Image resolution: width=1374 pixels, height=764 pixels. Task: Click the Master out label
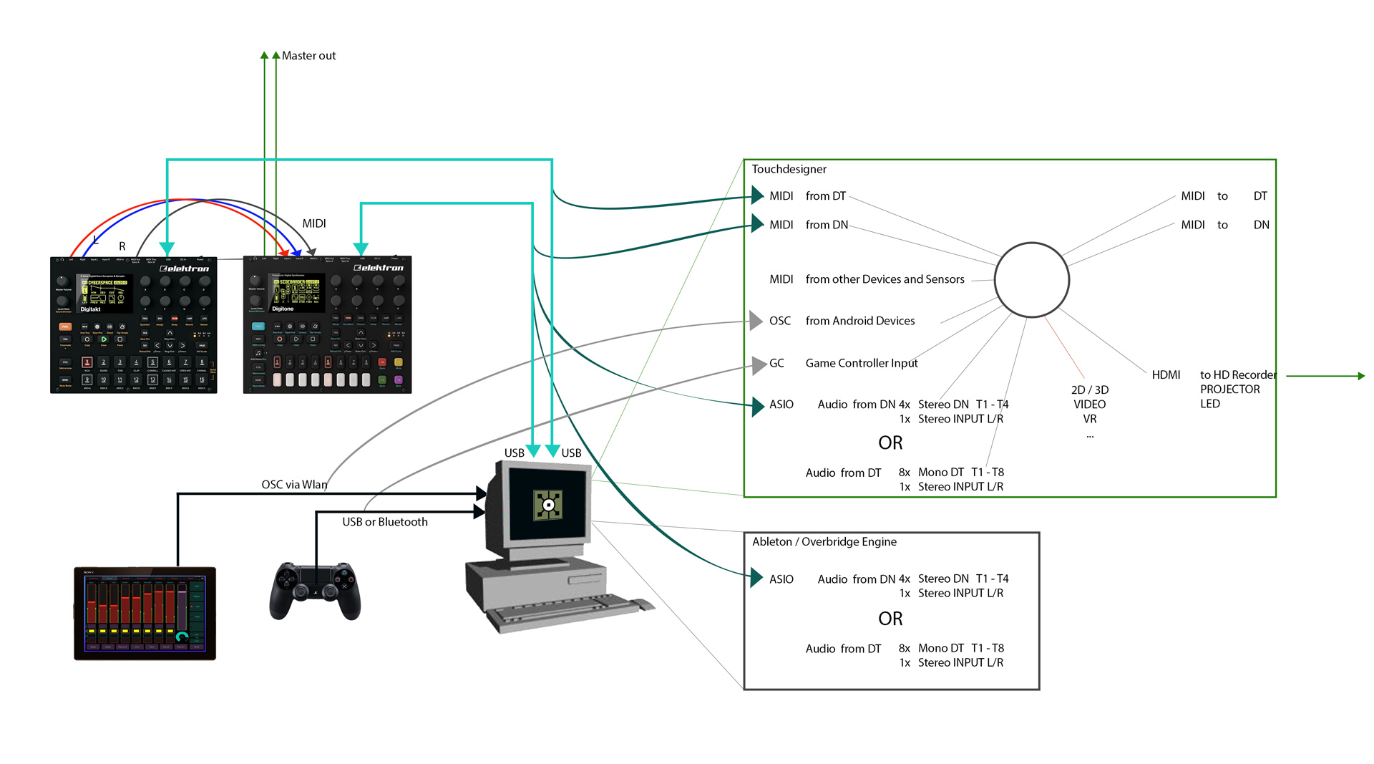[x=308, y=56]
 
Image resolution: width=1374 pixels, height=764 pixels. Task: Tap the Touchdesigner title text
[x=789, y=169]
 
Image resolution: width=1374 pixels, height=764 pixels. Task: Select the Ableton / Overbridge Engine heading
[x=824, y=542]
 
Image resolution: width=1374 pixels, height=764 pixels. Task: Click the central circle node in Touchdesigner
[x=1031, y=280]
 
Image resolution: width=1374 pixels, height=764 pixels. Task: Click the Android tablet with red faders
[x=145, y=613]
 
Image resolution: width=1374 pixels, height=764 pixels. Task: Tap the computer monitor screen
[x=547, y=505]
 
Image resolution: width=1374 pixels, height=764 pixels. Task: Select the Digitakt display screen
[x=104, y=292]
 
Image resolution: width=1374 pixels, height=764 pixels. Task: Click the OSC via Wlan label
[x=294, y=485]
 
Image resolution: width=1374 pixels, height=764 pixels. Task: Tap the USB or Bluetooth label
[x=384, y=522]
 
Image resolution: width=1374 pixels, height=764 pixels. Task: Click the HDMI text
[x=1166, y=374]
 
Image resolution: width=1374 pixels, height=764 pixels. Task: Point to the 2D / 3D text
[x=1089, y=390]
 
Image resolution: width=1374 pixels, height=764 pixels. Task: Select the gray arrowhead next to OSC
[x=756, y=320]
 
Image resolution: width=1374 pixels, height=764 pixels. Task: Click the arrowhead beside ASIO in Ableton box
[x=756, y=578]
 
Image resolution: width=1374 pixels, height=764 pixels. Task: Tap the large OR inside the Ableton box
[x=890, y=619]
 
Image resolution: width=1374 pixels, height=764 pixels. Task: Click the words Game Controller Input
[x=861, y=363]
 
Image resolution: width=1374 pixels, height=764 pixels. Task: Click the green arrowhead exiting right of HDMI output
[x=1361, y=376]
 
